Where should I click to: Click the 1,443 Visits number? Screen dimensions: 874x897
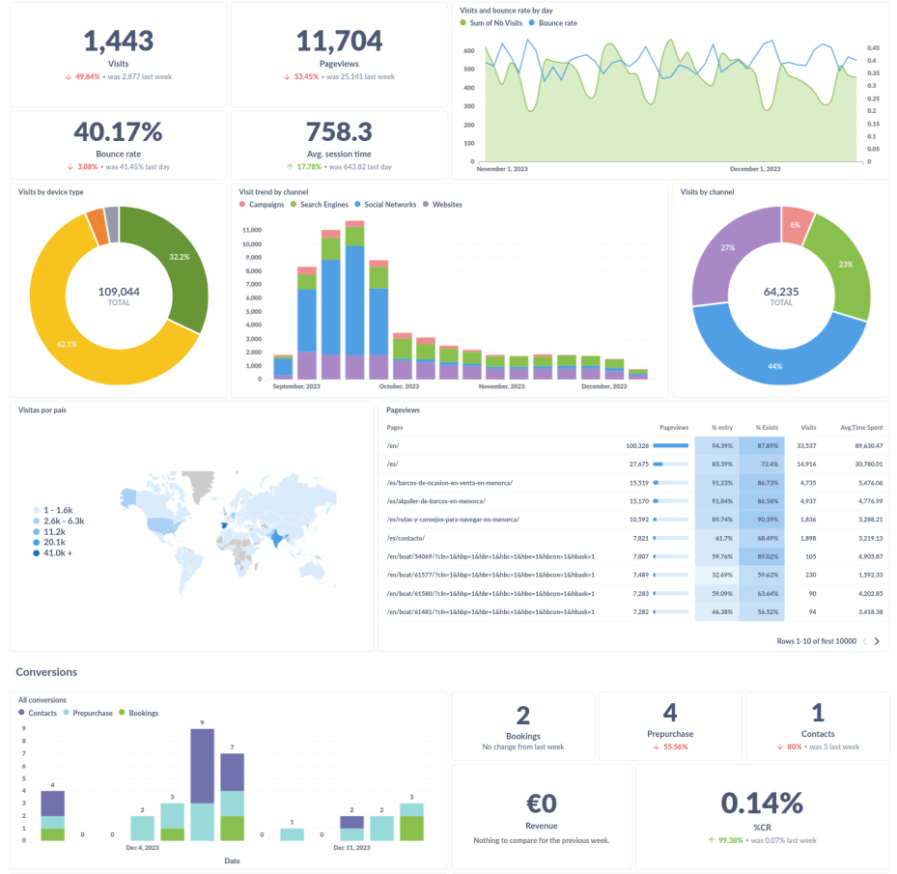118,41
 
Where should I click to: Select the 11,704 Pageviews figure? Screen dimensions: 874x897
339,41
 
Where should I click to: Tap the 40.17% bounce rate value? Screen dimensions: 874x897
118,131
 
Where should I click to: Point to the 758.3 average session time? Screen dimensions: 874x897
339,131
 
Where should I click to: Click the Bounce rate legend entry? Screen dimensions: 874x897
556,22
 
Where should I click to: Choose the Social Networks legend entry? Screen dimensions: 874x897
390,205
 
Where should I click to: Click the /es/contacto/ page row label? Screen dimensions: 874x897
406,538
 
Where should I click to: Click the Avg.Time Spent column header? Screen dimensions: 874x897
860,427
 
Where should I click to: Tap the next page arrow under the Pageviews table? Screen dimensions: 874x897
877,641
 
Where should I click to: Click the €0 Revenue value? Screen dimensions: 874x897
542,804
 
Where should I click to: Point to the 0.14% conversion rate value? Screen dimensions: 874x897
762,804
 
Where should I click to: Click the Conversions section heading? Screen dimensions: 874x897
46,671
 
